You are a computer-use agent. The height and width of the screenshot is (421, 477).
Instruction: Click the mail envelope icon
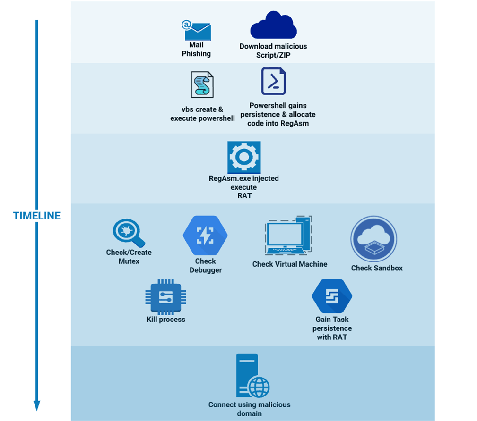pos(197,31)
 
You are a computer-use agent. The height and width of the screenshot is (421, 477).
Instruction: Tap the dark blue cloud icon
pos(273,26)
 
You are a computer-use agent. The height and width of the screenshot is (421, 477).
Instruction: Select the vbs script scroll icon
pos(202,85)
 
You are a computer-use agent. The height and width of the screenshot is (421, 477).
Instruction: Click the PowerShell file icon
pos(274,81)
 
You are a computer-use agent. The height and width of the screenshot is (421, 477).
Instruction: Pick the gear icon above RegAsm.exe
pos(244,157)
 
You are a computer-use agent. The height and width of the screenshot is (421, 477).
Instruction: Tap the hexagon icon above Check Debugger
pos(205,236)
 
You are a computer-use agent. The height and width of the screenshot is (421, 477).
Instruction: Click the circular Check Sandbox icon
pos(373,239)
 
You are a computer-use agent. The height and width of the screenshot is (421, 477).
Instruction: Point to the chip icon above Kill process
pos(165,297)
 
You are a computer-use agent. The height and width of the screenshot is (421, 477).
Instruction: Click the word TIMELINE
pos(37,216)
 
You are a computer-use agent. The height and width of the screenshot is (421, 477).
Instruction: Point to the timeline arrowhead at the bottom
pos(37,405)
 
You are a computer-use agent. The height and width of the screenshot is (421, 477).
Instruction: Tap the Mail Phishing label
pos(196,50)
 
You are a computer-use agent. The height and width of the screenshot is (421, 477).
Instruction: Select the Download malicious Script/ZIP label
pos(273,51)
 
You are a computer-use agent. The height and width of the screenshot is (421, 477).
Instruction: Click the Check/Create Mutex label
pos(129,257)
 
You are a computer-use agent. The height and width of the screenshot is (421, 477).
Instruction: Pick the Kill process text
pos(166,320)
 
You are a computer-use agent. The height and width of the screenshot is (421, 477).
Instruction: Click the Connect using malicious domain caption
pos(250,409)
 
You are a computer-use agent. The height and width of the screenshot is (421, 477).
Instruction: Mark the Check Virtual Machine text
pos(290,264)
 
